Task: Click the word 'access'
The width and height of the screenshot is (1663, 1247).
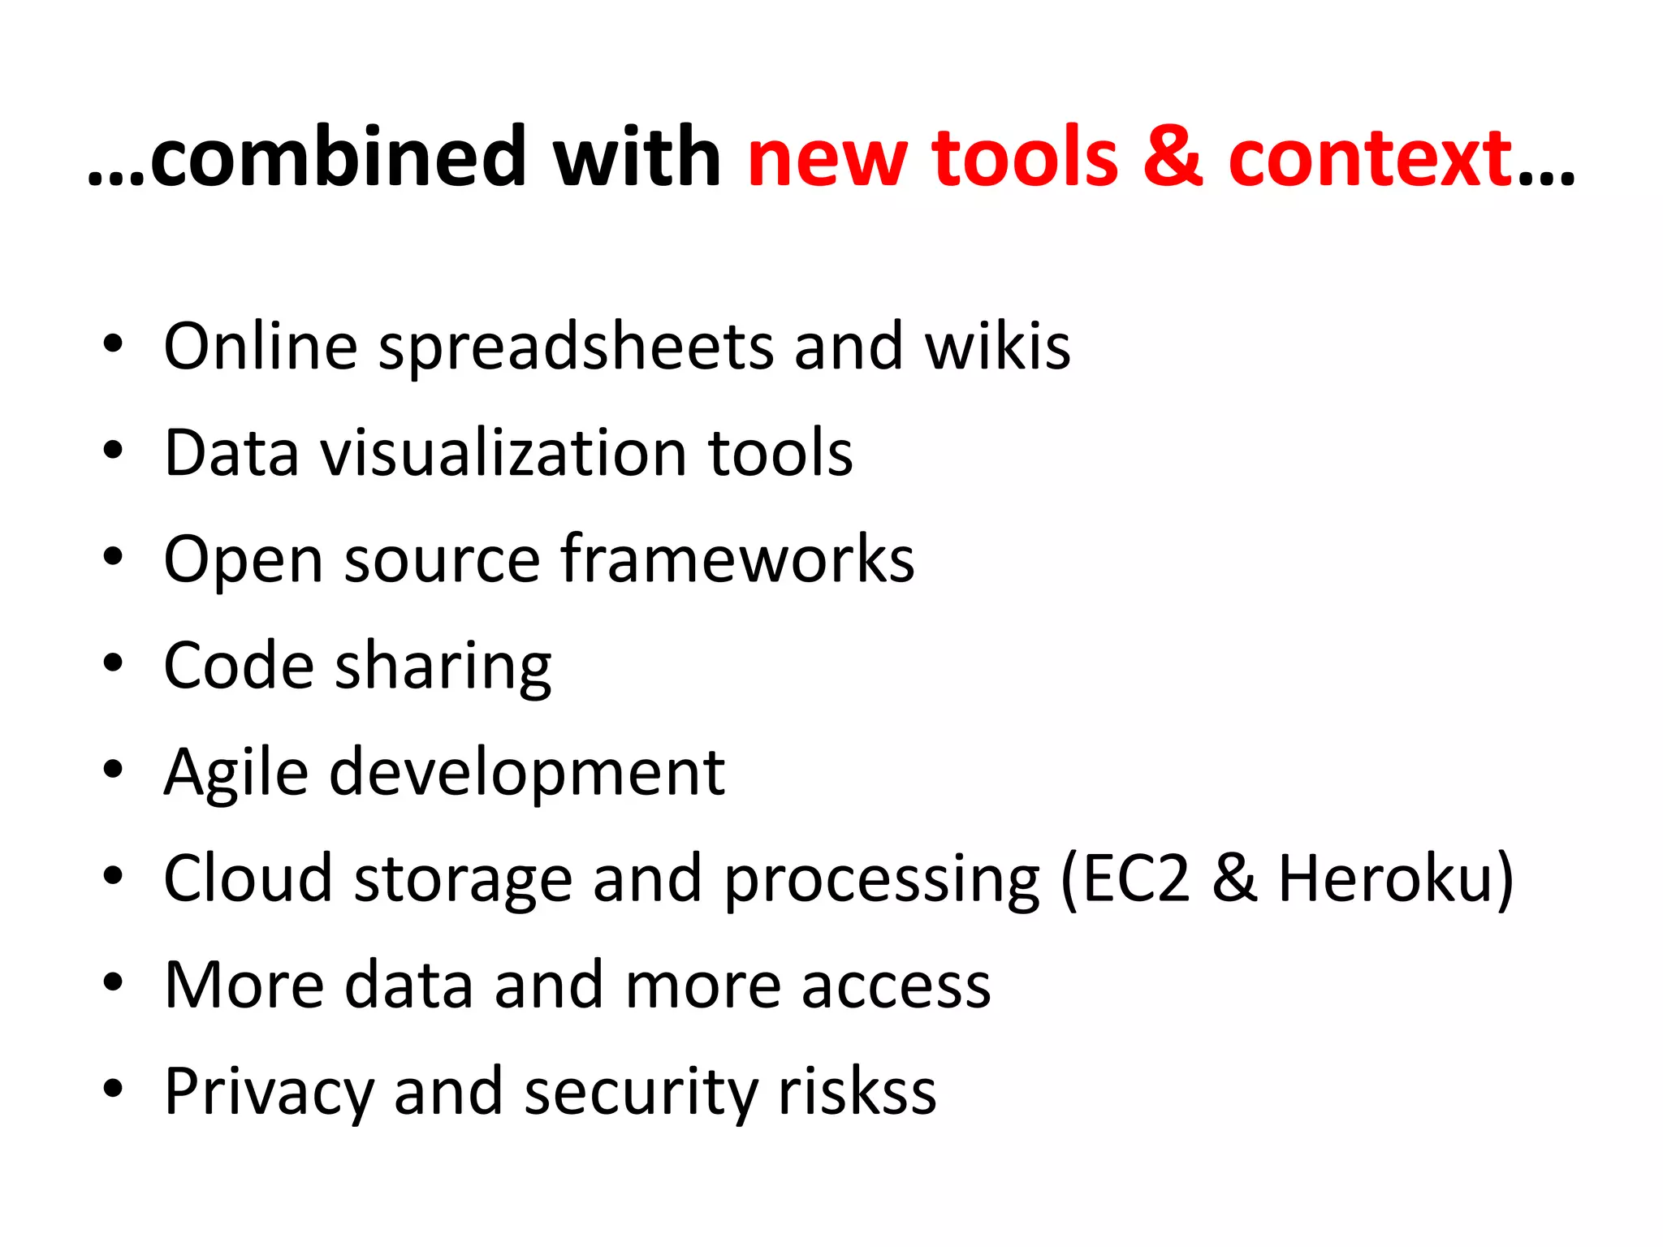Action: click(x=896, y=986)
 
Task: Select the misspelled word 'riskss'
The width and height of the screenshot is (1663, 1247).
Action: click(x=857, y=1091)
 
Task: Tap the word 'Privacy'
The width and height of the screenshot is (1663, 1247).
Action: click(x=268, y=1093)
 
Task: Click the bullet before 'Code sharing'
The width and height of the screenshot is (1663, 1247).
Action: click(x=113, y=664)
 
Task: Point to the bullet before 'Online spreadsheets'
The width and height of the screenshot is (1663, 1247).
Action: click(x=113, y=344)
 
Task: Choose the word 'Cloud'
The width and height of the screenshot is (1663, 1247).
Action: click(x=248, y=878)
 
